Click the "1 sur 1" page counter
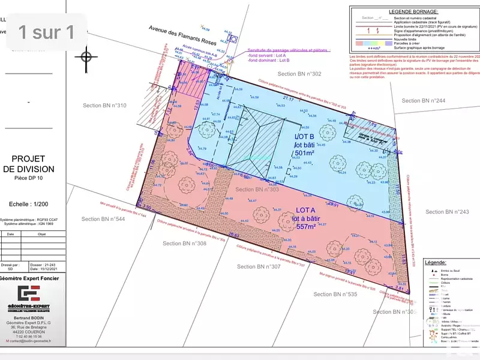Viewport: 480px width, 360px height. [x=47, y=31]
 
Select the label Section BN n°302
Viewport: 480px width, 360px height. [x=299, y=73]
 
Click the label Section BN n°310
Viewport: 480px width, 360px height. [x=104, y=106]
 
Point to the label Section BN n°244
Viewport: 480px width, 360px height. [x=424, y=101]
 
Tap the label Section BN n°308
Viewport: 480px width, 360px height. [x=184, y=243]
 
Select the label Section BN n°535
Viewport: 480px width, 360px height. [x=335, y=294]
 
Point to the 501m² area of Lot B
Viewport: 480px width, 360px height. [x=305, y=153]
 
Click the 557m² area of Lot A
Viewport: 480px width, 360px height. [x=305, y=227]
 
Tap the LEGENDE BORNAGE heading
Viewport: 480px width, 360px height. [x=413, y=11]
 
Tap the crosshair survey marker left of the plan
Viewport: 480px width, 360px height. [x=86, y=57]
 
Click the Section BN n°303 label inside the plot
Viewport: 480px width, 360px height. [x=257, y=190]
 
